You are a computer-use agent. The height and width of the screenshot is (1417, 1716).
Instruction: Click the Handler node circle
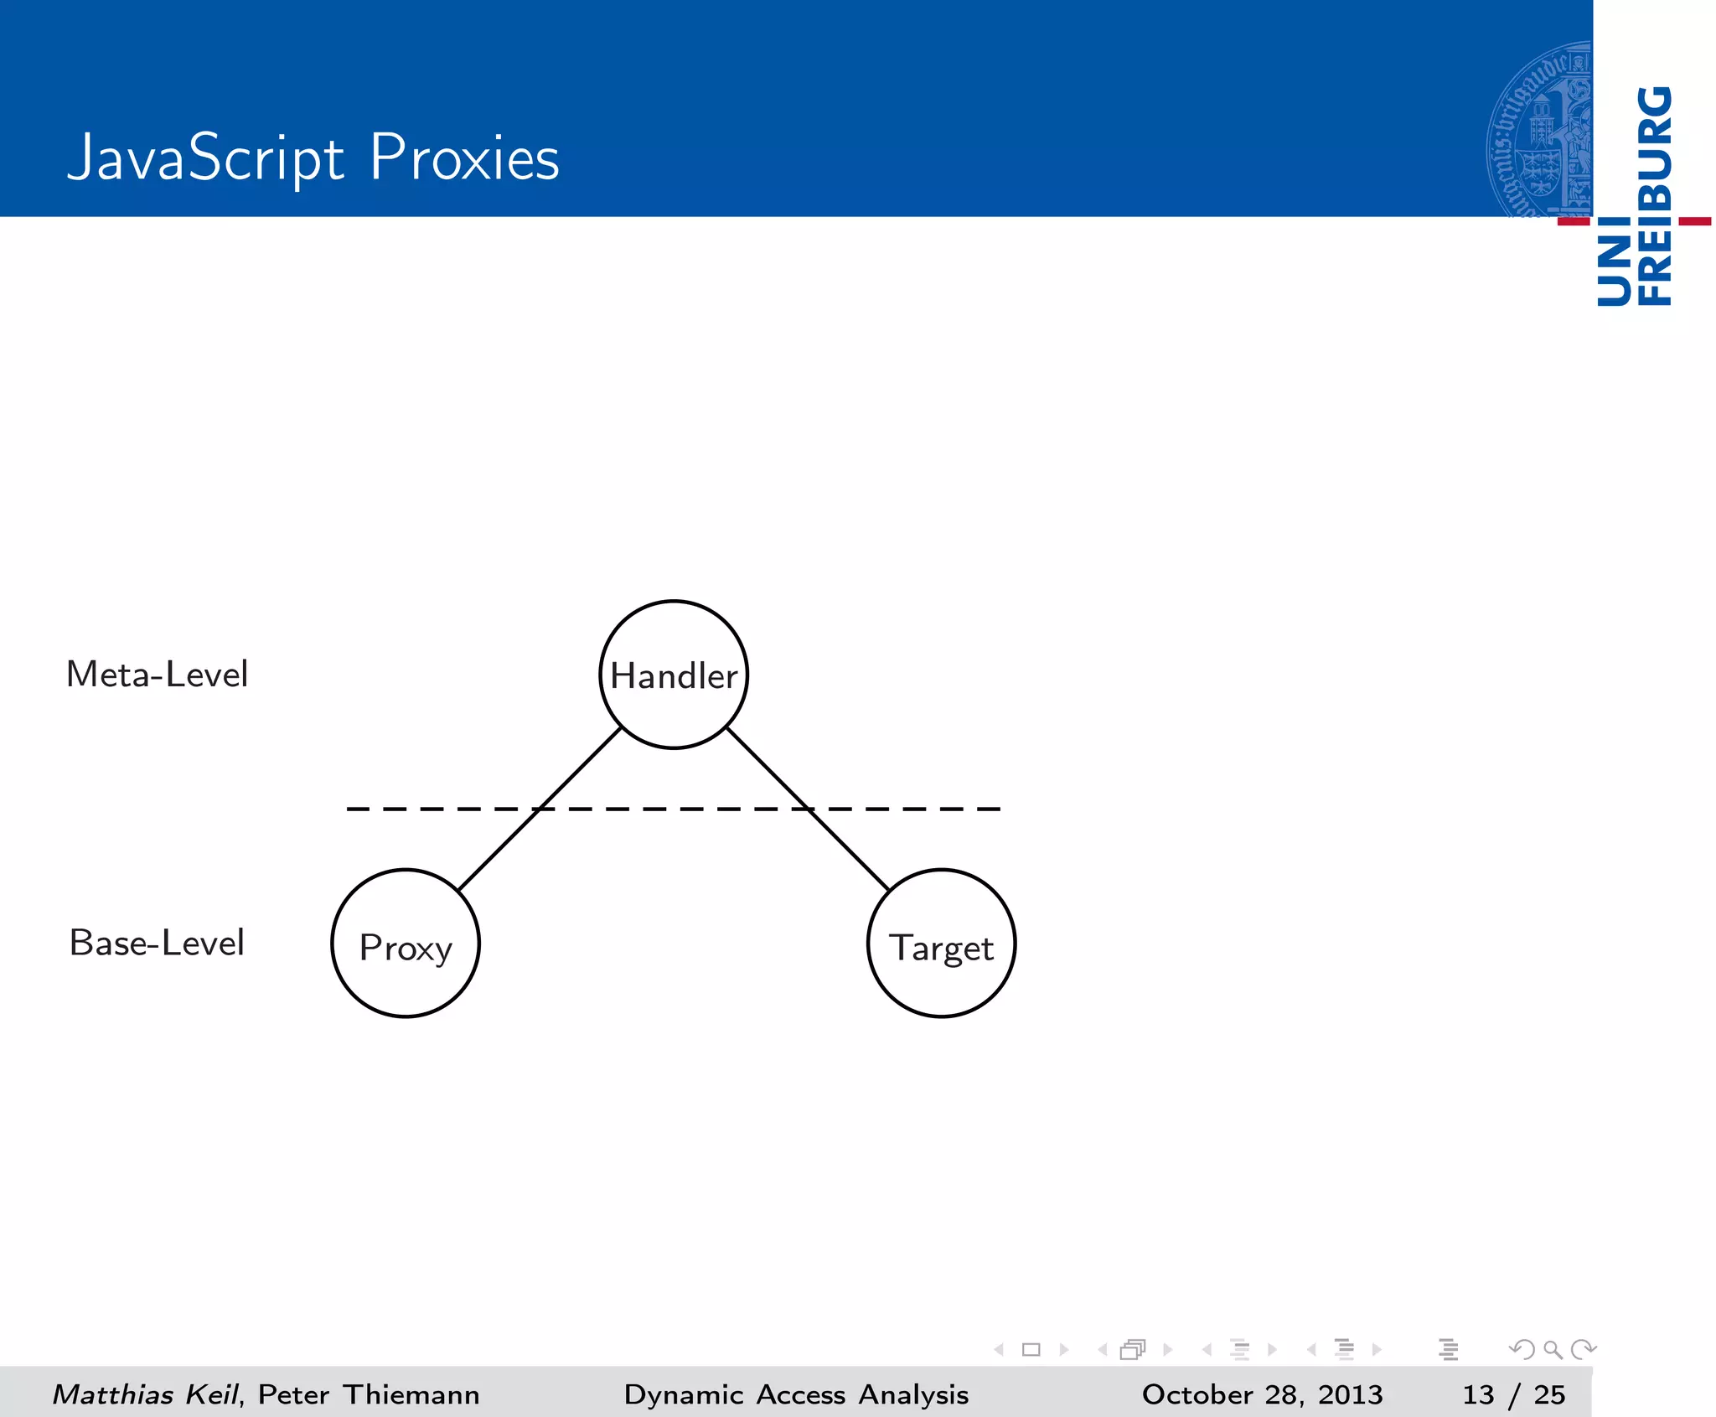pos(674,675)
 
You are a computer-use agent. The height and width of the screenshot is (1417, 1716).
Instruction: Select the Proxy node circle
pos(406,944)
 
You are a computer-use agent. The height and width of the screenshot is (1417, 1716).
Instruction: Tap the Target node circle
pos(941,944)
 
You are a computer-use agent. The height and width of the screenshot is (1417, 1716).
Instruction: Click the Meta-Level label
pos(158,675)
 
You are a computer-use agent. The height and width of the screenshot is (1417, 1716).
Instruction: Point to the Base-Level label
pos(158,943)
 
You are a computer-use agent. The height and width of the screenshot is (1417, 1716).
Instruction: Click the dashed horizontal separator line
pos(670,809)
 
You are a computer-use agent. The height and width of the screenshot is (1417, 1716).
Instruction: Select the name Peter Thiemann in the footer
pos(369,1394)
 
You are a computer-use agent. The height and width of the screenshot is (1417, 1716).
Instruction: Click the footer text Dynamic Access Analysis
pos(796,1394)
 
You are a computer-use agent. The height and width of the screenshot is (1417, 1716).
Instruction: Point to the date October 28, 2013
pos(1262,1394)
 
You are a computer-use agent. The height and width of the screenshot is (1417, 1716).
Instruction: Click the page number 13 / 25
pos(1513,1394)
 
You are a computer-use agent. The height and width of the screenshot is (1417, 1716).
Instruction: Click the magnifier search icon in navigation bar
pos(1553,1349)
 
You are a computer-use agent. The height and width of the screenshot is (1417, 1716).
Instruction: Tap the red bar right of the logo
pos(1695,221)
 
